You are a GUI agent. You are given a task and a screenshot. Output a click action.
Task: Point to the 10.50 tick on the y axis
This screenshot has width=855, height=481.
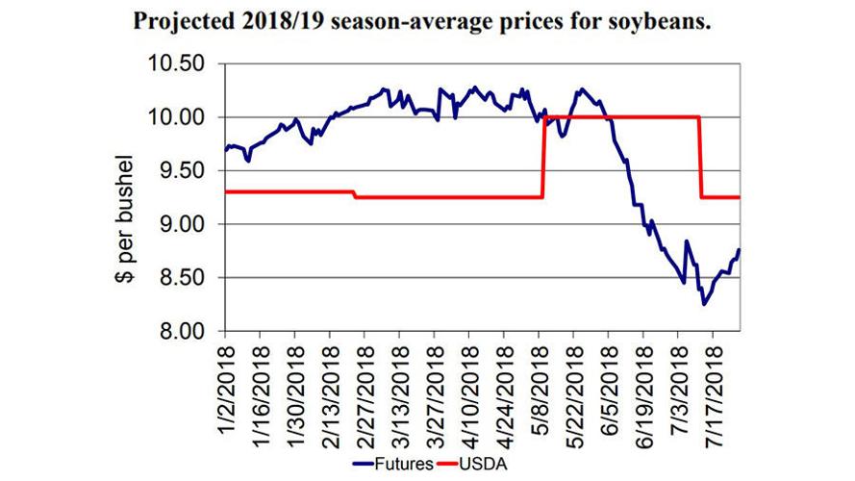click(x=184, y=63)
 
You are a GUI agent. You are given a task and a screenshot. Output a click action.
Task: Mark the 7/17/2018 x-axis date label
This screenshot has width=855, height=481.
click(x=715, y=384)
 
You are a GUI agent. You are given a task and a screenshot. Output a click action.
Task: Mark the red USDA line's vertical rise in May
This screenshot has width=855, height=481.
click(x=543, y=159)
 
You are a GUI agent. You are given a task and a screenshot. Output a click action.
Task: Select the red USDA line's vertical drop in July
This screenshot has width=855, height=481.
click(x=699, y=159)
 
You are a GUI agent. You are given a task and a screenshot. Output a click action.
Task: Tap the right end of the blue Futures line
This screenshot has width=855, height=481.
click(x=740, y=250)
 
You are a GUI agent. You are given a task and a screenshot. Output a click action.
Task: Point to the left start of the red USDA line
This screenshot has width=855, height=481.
click(x=225, y=191)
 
